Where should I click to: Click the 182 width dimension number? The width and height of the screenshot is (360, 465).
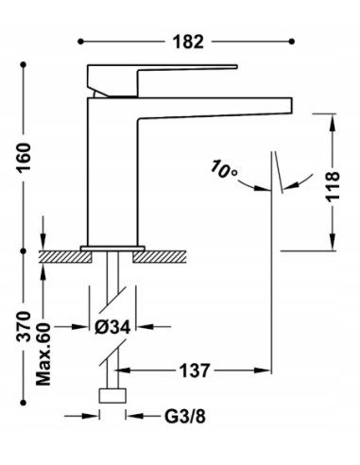[188, 42]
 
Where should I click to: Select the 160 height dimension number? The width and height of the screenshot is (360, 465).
[24, 157]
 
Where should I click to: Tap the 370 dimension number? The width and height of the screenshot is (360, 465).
[24, 327]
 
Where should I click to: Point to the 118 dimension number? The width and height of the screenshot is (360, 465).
[333, 186]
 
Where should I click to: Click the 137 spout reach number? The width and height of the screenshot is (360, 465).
[195, 370]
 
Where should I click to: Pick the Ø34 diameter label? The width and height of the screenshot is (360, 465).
[112, 327]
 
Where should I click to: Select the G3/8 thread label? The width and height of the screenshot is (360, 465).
[185, 417]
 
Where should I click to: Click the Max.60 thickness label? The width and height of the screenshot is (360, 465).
[43, 354]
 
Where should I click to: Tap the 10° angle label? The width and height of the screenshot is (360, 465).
[224, 170]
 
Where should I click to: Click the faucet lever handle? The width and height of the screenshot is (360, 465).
[162, 80]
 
